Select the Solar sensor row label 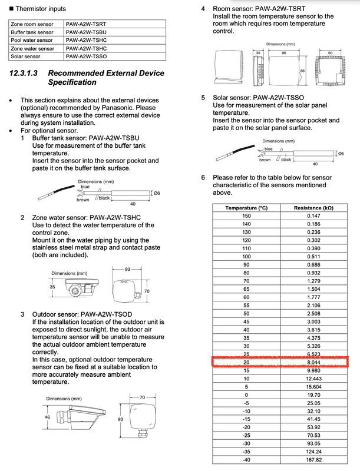pyautogui.click(x=27, y=57)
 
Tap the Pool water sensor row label pyautogui.click(x=32, y=40)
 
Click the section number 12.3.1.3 pyautogui.click(x=25, y=74)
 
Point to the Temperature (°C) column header pyautogui.click(x=246, y=208)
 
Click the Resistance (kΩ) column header pyautogui.click(x=313, y=208)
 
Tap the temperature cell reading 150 pyautogui.click(x=246, y=216)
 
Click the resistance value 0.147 pyautogui.click(x=313, y=216)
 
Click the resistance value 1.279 pyautogui.click(x=313, y=281)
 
